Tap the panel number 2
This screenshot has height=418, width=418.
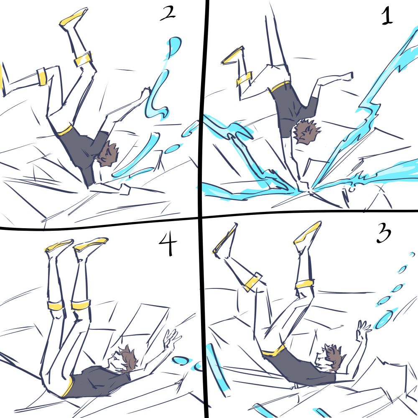pos(168,13)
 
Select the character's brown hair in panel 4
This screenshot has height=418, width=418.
pos(128,358)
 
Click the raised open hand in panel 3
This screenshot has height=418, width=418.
pos(362,329)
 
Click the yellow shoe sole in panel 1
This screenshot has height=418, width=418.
pos(232,56)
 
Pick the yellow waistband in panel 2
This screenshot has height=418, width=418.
pos(64,130)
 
